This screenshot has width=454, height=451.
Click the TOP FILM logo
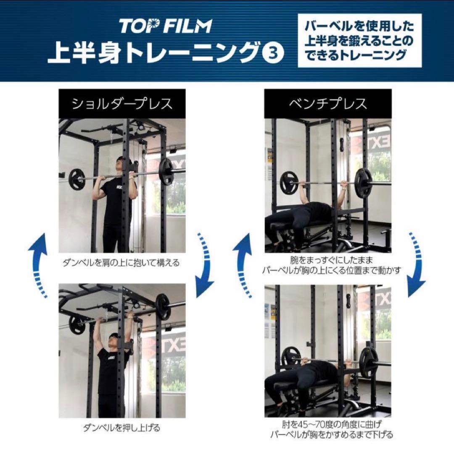coord(166,26)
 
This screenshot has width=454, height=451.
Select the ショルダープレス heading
coord(122,104)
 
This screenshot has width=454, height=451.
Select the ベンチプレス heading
coord(328,104)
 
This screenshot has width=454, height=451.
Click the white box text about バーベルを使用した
coord(359,40)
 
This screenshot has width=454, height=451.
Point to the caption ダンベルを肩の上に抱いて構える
coord(121,263)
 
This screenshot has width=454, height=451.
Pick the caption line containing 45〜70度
coord(332,425)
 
